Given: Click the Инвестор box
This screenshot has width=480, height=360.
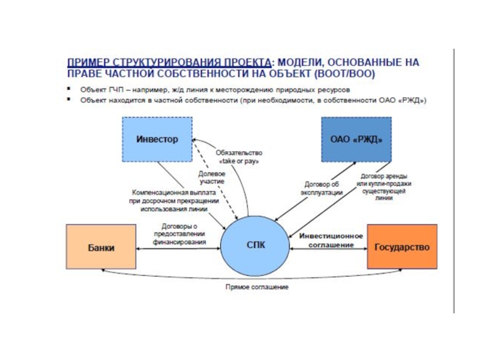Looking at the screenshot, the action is [x=157, y=139].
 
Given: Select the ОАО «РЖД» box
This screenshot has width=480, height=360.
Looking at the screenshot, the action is [x=356, y=139].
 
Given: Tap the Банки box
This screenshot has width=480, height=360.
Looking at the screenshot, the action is [x=101, y=247].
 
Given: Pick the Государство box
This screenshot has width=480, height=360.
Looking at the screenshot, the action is [x=401, y=247].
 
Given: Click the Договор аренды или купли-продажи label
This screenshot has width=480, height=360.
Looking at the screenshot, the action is [x=384, y=186].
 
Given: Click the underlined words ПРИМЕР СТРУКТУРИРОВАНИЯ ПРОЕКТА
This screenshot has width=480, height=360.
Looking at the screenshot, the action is [x=169, y=62].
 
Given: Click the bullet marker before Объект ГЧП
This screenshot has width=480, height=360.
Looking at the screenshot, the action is [x=70, y=88].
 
